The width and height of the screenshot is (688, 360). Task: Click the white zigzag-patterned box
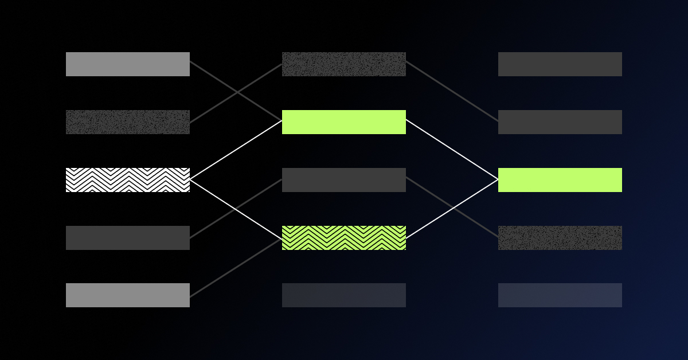pos(127,180)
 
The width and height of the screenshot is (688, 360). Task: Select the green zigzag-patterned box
pos(343,238)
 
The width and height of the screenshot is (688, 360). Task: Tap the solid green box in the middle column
pos(343,122)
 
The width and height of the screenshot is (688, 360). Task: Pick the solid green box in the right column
pos(560,180)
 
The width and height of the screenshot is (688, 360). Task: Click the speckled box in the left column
pos(127,122)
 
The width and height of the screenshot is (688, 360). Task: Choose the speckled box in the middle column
pos(343,64)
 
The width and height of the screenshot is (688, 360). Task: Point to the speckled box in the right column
pos(560,238)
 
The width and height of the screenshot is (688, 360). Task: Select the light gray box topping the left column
pos(127,64)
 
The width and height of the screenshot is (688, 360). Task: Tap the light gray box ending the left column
pos(127,295)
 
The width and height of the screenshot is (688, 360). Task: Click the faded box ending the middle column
pos(343,295)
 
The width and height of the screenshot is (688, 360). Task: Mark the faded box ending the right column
pos(560,295)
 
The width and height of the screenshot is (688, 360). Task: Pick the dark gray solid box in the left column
pos(127,238)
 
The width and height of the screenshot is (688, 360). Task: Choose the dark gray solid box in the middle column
pos(343,180)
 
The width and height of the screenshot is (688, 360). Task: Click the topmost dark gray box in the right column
pos(560,64)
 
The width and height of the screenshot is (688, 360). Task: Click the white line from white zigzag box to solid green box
pos(236,150)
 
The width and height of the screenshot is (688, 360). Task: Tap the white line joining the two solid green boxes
pos(452,150)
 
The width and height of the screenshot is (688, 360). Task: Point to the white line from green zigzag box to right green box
pos(452,209)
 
